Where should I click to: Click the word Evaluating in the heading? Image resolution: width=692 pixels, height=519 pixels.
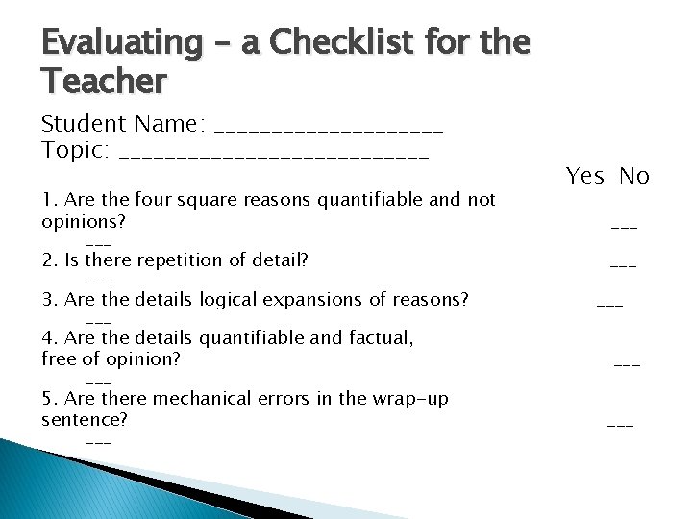pyautogui.click(x=119, y=43)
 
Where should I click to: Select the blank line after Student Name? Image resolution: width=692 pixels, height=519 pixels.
pyautogui.click(x=331, y=126)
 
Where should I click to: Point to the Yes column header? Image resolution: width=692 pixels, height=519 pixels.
pyautogui.click(x=584, y=176)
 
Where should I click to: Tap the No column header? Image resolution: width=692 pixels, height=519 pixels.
pyautogui.click(x=634, y=176)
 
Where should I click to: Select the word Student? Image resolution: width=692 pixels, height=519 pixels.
pyautogui.click(x=84, y=124)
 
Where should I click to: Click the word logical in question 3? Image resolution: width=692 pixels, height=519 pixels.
pyautogui.click(x=224, y=300)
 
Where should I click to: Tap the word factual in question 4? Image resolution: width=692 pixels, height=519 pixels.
pyautogui.click(x=378, y=338)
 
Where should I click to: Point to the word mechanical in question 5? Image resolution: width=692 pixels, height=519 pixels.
pyautogui.click(x=190, y=399)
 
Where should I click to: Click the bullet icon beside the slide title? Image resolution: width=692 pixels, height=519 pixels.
pyautogui.click(x=29, y=43)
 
